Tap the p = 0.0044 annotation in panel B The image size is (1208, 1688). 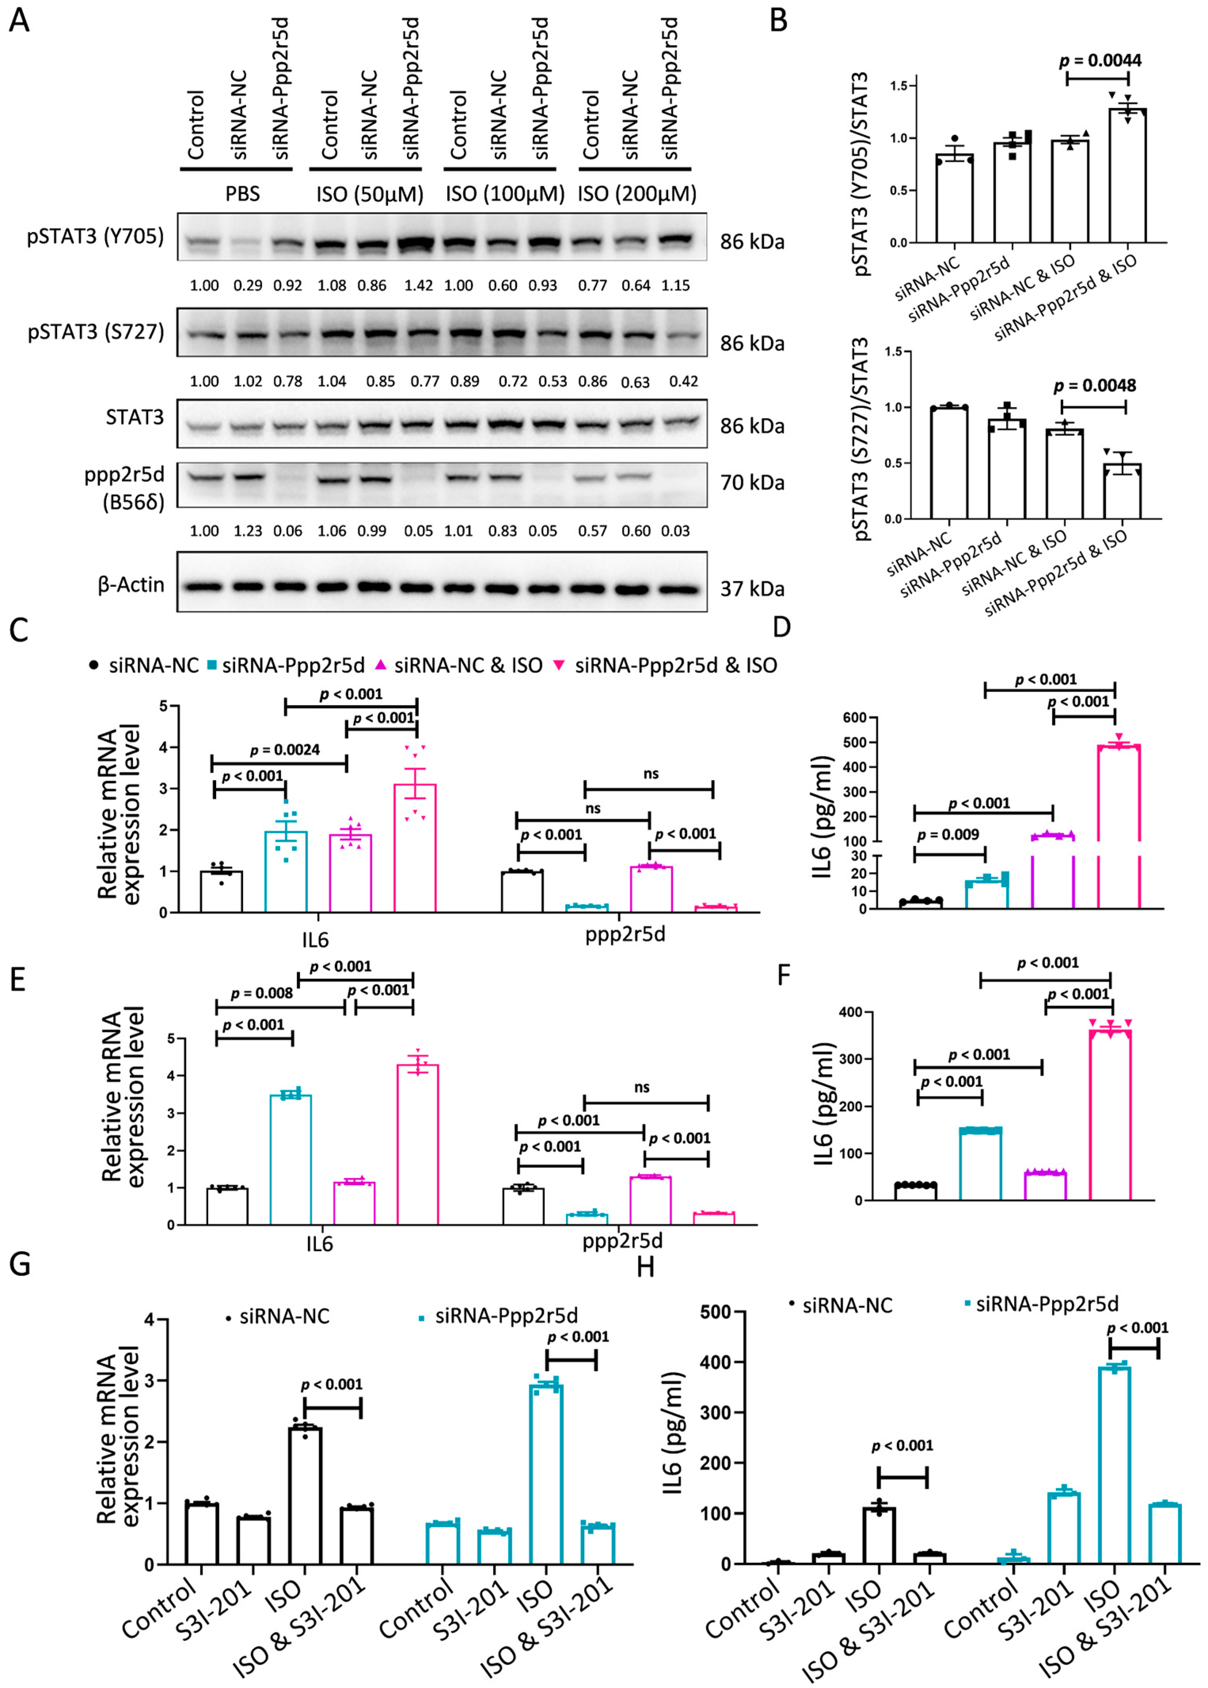pyautogui.click(x=1100, y=60)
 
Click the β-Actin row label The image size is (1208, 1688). pyautogui.click(x=131, y=585)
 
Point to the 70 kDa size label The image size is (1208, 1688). pyautogui.click(x=751, y=483)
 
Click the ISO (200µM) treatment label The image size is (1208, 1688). pyautogui.click(x=637, y=194)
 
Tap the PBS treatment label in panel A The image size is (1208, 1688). pyautogui.click(x=243, y=194)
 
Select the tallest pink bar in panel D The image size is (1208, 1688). pyautogui.click(x=1119, y=826)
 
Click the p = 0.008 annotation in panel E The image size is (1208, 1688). pyautogui.click(x=262, y=993)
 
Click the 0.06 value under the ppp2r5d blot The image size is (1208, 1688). pyautogui.click(x=288, y=531)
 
